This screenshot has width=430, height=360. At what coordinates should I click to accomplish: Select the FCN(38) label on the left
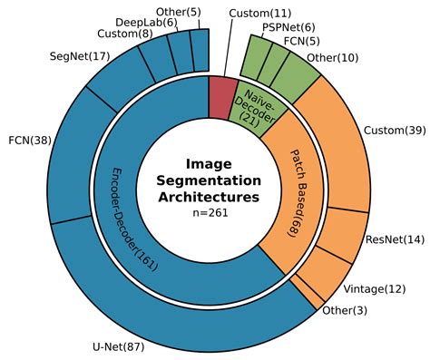[x=29, y=141]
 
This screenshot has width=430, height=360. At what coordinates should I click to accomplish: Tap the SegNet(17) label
[x=79, y=56]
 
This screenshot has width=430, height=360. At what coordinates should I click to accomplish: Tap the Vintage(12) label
[x=376, y=288]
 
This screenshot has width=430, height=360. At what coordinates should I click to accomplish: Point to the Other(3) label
[x=344, y=311]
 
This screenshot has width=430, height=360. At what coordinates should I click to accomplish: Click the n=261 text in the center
[x=210, y=212]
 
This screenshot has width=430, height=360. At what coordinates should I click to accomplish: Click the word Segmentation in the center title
[x=210, y=180]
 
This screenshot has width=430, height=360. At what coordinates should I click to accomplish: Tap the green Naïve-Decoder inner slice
[x=259, y=105]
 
